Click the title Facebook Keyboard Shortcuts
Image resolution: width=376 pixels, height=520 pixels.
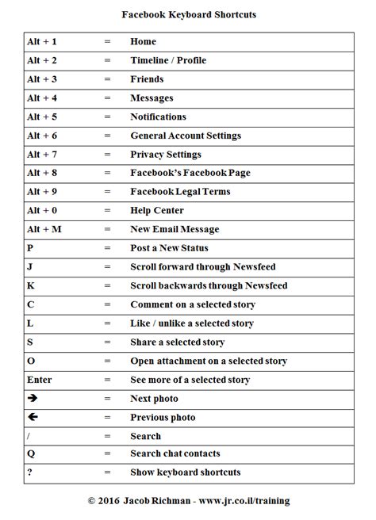pyautogui.click(x=188, y=14)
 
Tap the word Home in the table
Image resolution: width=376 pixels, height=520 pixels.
pyautogui.click(x=143, y=41)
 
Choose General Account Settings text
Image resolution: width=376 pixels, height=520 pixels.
pyautogui.click(x=186, y=136)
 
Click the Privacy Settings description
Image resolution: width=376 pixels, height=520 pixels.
pyautogui.click(x=166, y=155)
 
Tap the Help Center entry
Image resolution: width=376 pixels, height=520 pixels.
pyautogui.click(x=157, y=211)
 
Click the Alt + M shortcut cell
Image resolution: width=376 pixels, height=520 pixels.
pyautogui.click(x=44, y=229)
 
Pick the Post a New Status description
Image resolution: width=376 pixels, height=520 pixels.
pyautogui.click(x=170, y=248)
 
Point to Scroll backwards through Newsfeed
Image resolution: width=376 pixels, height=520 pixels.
pyautogui.click(x=209, y=285)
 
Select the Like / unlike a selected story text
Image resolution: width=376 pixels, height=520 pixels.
pyautogui.click(x=192, y=323)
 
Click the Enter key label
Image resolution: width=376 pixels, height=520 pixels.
pyautogui.click(x=39, y=380)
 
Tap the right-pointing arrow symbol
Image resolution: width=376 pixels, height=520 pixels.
pyautogui.click(x=33, y=398)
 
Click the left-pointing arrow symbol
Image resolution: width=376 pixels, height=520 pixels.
pyautogui.click(x=33, y=417)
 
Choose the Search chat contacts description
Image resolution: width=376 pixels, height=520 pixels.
pyautogui.click(x=175, y=454)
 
